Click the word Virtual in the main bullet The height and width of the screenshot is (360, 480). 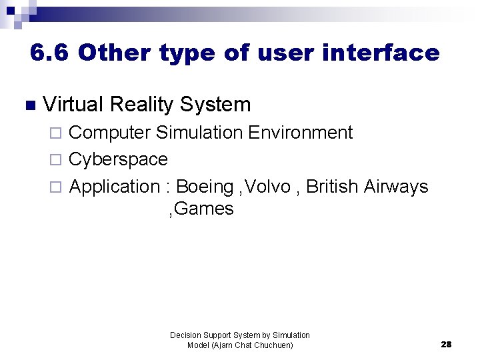pyautogui.click(x=73, y=105)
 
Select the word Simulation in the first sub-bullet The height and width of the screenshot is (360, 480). pyautogui.click(x=199, y=133)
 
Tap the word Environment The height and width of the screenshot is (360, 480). pyautogui.click(x=300, y=133)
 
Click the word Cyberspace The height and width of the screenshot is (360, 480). pyautogui.click(x=118, y=159)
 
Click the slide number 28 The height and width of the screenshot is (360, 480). pyautogui.click(x=446, y=345)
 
